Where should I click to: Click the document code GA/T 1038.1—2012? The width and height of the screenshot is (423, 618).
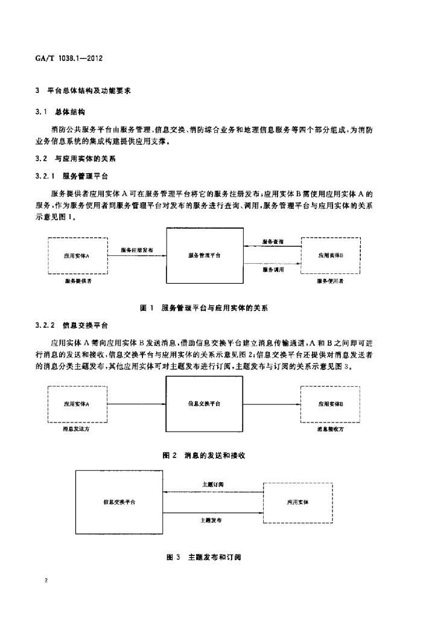click(69, 59)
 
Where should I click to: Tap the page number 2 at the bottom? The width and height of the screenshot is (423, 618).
click(46, 580)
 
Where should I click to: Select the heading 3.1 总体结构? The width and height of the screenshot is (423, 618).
click(60, 112)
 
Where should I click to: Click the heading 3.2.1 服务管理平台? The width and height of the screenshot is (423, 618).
click(71, 176)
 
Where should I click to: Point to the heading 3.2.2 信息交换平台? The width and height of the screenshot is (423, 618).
click(71, 325)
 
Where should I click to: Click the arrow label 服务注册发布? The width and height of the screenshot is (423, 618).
click(137, 250)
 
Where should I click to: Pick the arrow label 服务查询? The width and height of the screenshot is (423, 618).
click(273, 241)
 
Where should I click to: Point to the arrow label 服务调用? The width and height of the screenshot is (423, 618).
click(273, 270)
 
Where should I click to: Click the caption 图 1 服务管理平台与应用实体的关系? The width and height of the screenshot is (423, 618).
click(204, 308)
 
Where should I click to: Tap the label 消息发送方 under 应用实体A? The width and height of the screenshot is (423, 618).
click(76, 429)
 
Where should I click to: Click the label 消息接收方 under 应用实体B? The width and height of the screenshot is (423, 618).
click(330, 429)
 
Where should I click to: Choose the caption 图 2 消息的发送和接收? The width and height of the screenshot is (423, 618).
click(204, 456)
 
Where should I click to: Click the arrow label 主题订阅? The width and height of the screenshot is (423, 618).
click(213, 485)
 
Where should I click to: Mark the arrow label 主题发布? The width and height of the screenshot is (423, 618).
click(211, 520)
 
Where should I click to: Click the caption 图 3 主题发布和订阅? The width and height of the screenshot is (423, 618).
click(204, 557)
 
